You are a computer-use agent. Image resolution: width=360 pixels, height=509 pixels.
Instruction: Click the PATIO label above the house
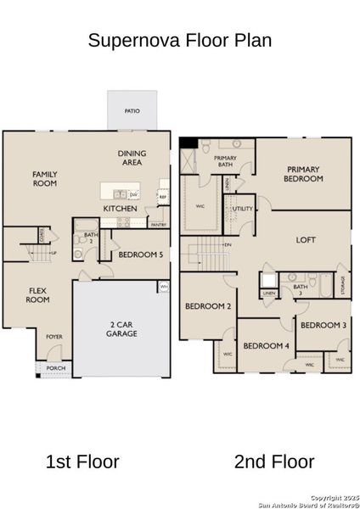(132, 111)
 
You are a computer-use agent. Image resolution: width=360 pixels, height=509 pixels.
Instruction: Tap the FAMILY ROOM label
(45, 179)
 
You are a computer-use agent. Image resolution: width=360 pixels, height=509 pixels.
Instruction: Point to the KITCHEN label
(121, 209)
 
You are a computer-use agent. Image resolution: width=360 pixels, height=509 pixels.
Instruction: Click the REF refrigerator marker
(162, 196)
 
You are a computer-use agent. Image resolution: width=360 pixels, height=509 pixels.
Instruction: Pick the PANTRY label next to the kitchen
(158, 225)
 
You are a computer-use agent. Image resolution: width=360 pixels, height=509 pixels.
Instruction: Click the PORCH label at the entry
(56, 368)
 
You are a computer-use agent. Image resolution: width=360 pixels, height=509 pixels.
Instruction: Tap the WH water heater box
(164, 288)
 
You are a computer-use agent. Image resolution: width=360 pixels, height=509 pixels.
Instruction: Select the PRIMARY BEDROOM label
(303, 174)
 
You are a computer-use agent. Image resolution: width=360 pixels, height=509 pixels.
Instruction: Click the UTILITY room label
(243, 208)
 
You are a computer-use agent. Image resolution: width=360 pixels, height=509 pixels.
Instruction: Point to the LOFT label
(305, 240)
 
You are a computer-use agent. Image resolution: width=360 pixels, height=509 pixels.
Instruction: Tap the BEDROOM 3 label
(323, 326)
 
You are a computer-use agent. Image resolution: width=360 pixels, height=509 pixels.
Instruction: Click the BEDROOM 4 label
(266, 346)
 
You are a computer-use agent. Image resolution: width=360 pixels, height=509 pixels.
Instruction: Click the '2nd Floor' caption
(273, 462)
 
